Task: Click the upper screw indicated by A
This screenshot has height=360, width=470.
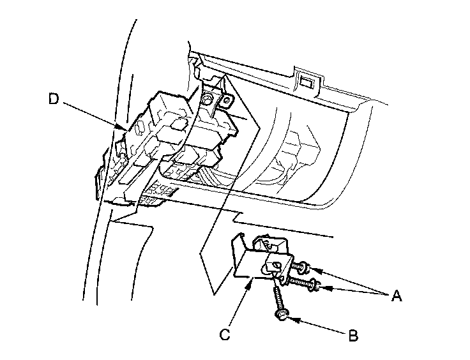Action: coord(300,267)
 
